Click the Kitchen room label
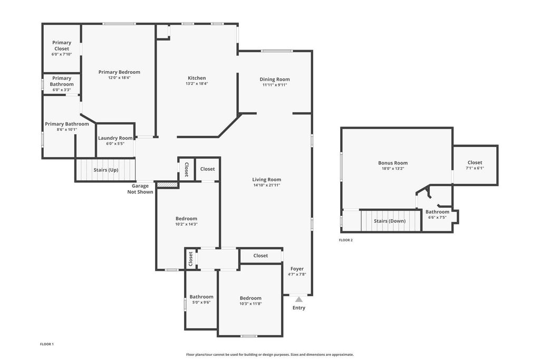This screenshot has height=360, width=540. tap(197, 78)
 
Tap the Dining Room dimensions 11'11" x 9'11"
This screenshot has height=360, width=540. tap(274, 85)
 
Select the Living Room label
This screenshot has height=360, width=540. tap(266, 179)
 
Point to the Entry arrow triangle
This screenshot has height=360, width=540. tap(298, 299)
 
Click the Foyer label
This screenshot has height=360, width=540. tap(297, 269)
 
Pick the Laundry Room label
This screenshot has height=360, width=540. tap(115, 138)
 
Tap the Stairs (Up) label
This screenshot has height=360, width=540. tap(105, 170)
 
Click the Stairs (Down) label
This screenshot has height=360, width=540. tap(390, 221)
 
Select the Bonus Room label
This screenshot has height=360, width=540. tap(393, 163)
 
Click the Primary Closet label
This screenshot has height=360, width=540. tap(62, 45)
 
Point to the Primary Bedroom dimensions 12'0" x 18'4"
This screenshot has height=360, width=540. tap(119, 77)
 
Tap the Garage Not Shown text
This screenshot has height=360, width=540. tap(140, 189)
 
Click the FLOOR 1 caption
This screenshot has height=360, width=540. tap(47, 344)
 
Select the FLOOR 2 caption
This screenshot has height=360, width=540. tap(345, 240)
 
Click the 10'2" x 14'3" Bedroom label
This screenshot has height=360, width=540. tap(186, 219)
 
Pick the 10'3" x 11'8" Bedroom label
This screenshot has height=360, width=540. tap(250, 298)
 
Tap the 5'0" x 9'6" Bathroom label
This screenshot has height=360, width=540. tap(201, 297)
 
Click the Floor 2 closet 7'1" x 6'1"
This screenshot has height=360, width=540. tap(475, 165)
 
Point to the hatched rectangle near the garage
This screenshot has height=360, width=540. tap(168, 185)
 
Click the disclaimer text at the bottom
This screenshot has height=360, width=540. tap(270, 355)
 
